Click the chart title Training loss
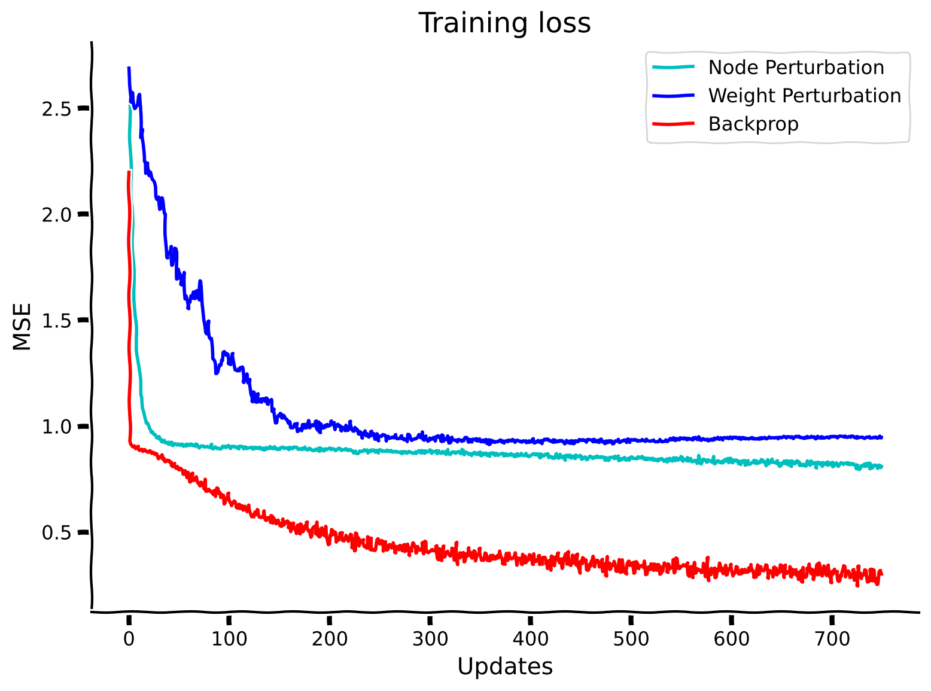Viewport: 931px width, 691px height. tap(504, 24)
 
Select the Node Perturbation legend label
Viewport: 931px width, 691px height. tap(796, 68)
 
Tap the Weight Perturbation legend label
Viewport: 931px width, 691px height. tap(804, 96)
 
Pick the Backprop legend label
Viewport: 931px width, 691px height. tap(753, 124)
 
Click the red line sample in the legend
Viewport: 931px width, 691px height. tap(673, 124)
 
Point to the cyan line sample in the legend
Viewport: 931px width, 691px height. tap(673, 68)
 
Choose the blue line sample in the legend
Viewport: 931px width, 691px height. tap(673, 96)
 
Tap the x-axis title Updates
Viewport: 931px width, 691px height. tap(504, 666)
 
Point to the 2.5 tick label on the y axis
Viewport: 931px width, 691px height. tap(57, 109)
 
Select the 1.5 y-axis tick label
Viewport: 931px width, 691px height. tap(57, 321)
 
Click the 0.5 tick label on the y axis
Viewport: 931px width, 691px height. tap(57, 533)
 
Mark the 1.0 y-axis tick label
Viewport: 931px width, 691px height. tap(57, 427)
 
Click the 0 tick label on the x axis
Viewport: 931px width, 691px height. tap(129, 640)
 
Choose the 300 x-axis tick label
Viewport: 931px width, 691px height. tap(430, 640)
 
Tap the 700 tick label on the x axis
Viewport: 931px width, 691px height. tap(832, 640)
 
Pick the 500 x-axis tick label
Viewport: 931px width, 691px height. tap(631, 640)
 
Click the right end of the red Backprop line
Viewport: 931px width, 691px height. tap(881, 574)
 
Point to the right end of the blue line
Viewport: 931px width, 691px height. tap(881, 437)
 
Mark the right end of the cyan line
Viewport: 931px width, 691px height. tap(881, 467)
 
